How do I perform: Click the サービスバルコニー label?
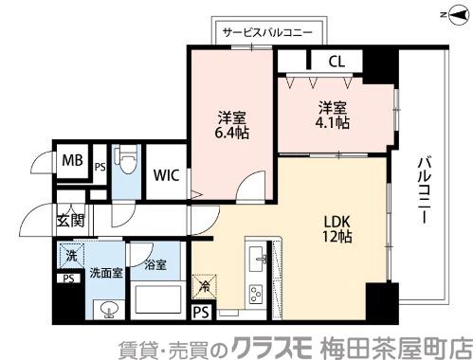click(266, 32)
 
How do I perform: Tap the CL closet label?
click(337, 62)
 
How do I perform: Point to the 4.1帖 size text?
click(333, 121)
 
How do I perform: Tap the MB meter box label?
click(72, 160)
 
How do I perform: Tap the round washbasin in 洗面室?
click(106, 308)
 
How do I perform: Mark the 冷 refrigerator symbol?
click(204, 285)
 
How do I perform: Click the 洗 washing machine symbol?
click(70, 256)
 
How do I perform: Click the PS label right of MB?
click(100, 167)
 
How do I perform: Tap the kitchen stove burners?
click(256, 291)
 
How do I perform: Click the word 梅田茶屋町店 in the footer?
click(410, 346)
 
